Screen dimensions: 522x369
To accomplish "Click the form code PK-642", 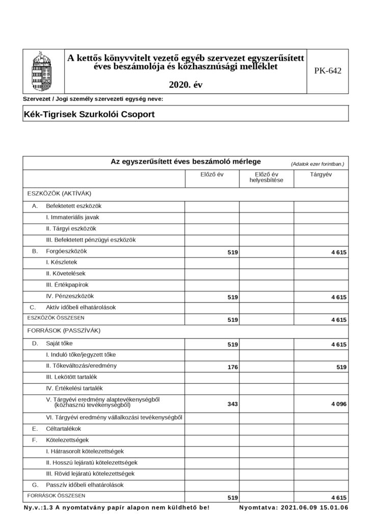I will (328, 71).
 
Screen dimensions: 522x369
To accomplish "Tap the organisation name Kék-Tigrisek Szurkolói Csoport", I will (89, 114).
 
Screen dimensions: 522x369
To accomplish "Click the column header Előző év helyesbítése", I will (266, 177).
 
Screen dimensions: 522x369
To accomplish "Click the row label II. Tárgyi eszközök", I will (71, 228).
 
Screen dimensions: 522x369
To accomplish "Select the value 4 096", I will (338, 404).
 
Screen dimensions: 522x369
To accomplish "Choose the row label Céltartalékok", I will (63, 429).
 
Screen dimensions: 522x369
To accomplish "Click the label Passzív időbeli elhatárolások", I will (85, 485).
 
